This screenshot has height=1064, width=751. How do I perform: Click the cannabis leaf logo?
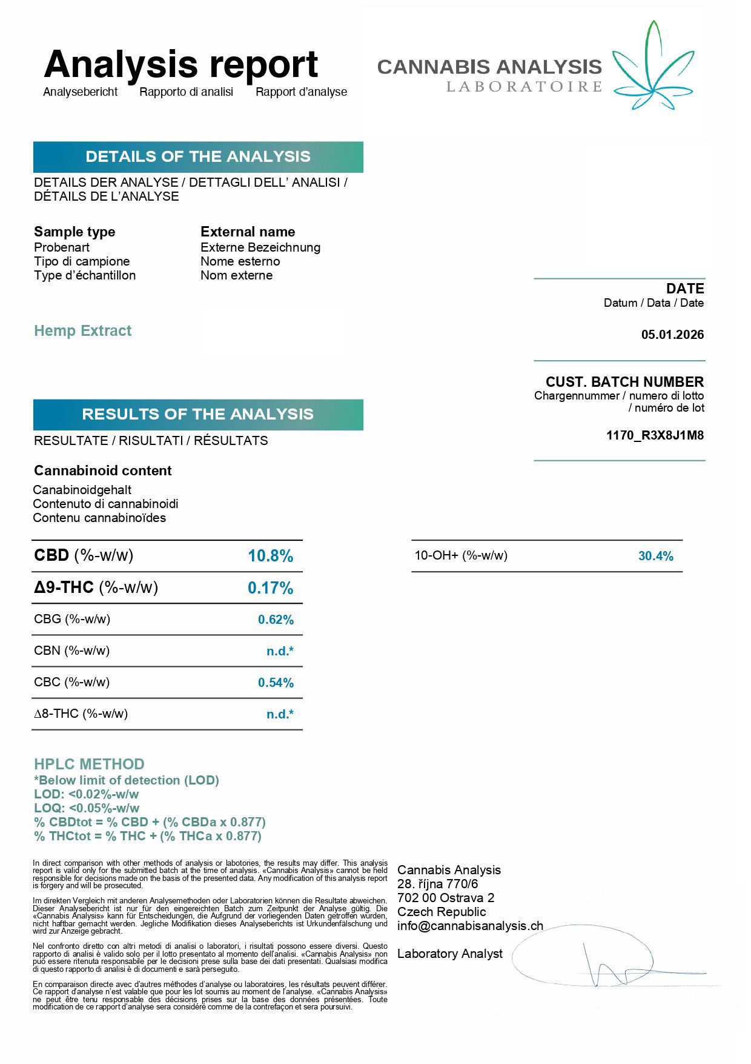(x=653, y=67)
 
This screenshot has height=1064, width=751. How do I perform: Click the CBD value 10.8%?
(x=270, y=556)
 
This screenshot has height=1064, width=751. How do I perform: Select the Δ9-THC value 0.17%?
(x=270, y=588)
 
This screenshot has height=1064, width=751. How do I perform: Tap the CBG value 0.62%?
(x=276, y=620)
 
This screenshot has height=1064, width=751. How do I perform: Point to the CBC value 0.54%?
(x=276, y=683)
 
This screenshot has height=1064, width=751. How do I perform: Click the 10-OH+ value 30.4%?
(x=655, y=556)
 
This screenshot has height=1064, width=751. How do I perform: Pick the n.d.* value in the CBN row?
(x=280, y=651)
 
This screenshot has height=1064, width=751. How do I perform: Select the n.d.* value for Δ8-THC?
(x=280, y=714)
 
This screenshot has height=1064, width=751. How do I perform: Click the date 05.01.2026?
(x=672, y=335)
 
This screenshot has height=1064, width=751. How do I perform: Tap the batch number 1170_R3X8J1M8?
(x=655, y=435)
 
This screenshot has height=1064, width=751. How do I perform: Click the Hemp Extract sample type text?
(x=82, y=331)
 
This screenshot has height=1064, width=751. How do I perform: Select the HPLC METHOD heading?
(x=89, y=764)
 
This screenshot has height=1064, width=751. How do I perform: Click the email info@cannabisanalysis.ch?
(x=470, y=926)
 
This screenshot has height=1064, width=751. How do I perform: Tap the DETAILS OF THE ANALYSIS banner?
(x=198, y=157)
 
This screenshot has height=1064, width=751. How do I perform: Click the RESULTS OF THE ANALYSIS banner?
(x=198, y=415)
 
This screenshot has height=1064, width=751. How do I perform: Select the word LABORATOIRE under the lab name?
(x=524, y=87)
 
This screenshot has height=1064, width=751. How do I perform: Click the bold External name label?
(x=248, y=232)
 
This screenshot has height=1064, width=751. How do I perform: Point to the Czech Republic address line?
(x=442, y=912)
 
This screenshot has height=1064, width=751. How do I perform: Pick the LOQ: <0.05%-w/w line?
(x=87, y=808)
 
